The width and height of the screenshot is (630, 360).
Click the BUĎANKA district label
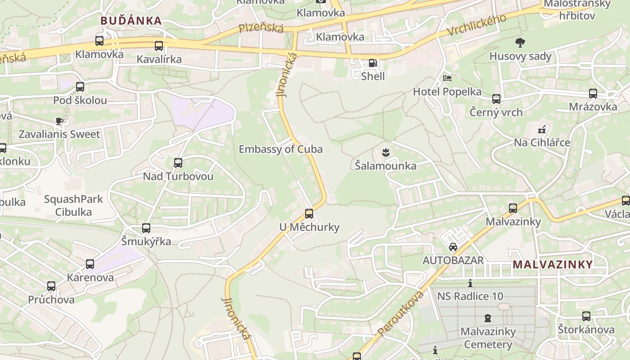(x=131, y=21)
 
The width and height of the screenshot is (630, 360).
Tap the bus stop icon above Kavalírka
(x=159, y=46)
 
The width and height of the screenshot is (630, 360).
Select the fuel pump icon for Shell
(x=373, y=63)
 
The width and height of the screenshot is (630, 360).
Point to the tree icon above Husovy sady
(x=520, y=43)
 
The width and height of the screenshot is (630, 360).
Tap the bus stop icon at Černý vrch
(x=496, y=99)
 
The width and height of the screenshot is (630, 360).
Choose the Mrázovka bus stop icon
(x=593, y=94)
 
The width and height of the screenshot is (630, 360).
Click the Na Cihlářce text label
(x=542, y=143)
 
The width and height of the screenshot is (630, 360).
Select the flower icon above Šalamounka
(x=385, y=153)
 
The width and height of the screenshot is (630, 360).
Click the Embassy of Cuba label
(x=280, y=149)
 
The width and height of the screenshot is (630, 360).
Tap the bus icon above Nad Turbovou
(x=178, y=163)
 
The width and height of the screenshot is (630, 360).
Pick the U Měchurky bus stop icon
(x=309, y=214)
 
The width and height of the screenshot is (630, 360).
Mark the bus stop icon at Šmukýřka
(x=146, y=228)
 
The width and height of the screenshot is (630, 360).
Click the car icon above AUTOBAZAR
(x=453, y=247)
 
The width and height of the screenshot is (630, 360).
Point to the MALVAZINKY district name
(x=553, y=265)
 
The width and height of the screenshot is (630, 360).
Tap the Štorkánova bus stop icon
(x=586, y=316)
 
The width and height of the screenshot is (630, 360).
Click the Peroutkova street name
(x=401, y=314)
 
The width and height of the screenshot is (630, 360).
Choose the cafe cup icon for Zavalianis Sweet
(x=59, y=121)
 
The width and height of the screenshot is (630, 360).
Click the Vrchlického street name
(x=477, y=25)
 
